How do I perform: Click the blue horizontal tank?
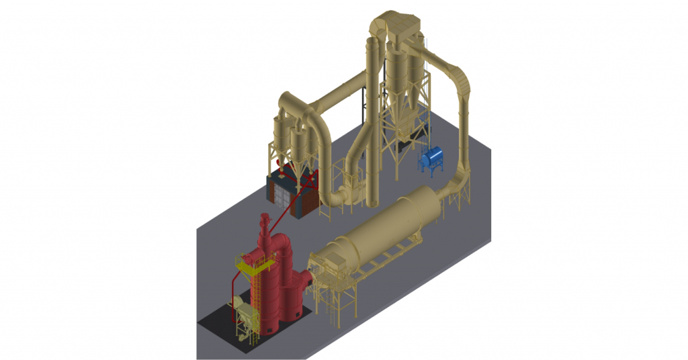click(x=431, y=158)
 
